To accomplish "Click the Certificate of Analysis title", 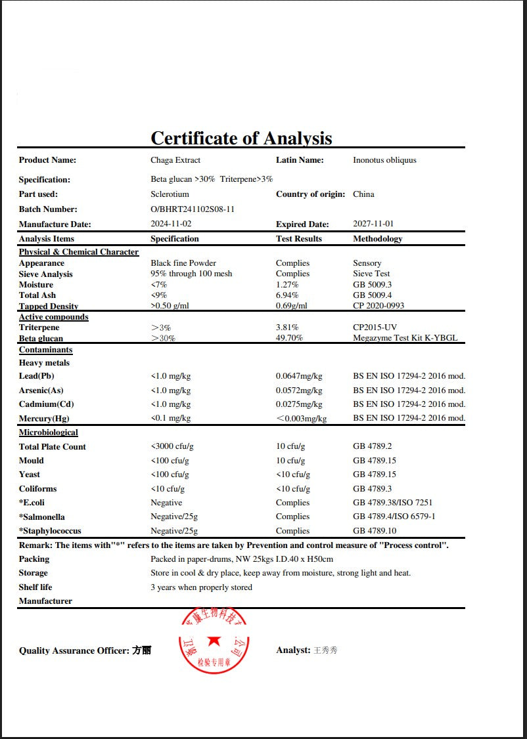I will [x=241, y=138].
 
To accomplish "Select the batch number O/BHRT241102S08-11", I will [x=193, y=209].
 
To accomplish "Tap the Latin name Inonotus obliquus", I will [x=384, y=160].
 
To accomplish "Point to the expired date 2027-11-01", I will [x=373, y=224].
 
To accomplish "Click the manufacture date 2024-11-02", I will [x=170, y=224].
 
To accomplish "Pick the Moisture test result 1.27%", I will [x=287, y=285].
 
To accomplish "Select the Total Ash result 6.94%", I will [x=287, y=295].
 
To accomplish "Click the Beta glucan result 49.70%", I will [x=289, y=339].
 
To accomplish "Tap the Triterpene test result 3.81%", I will [x=287, y=327].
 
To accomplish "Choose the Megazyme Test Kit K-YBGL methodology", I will [x=405, y=339].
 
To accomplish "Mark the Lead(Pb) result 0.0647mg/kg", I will [x=299, y=376].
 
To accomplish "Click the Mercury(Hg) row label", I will [x=44, y=419].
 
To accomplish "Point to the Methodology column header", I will [x=378, y=239].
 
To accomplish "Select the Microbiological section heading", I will [x=48, y=433].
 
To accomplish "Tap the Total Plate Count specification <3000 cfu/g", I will [x=172, y=447].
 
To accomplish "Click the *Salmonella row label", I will [x=41, y=517].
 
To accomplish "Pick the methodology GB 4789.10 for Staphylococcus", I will [x=375, y=531].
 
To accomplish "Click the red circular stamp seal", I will [x=213, y=641].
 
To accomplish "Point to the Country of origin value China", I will [x=363, y=194].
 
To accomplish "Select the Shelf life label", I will [x=35, y=587].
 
